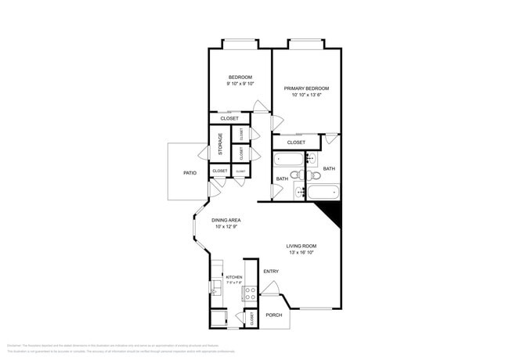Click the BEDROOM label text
[x=240, y=77]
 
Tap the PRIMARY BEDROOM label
[x=306, y=88]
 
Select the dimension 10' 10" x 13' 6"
[x=306, y=95]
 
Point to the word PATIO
[x=190, y=172]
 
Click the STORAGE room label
[x=220, y=144]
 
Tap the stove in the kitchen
[x=250, y=294]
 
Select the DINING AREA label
[x=226, y=220]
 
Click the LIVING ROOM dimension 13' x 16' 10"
[x=301, y=253]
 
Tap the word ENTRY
[x=271, y=272]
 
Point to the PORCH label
[x=273, y=315]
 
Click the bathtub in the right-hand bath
[x=322, y=192]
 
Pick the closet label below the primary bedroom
[x=296, y=142]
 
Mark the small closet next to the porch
[x=251, y=319]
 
